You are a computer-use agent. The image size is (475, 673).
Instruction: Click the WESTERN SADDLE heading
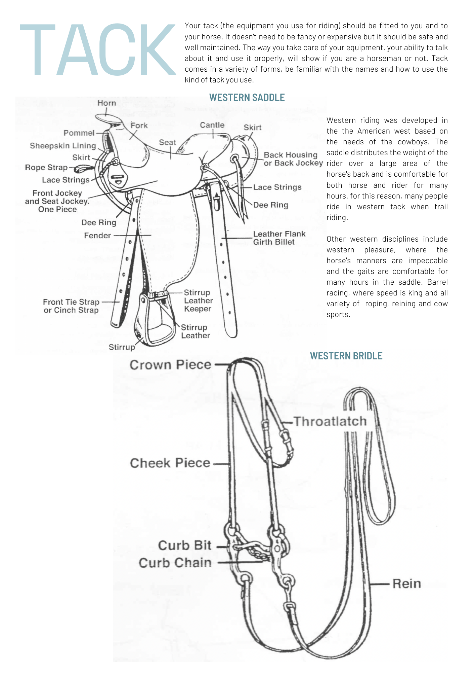pos(247,98)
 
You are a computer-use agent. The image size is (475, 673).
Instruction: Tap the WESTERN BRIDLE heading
pos(346,356)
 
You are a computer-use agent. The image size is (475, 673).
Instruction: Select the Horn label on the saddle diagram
pos(107,103)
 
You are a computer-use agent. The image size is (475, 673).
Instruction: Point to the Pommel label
pos(79,133)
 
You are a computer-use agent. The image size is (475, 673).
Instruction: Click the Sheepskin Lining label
pos(63,146)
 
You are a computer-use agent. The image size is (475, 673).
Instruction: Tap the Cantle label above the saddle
pos(212,125)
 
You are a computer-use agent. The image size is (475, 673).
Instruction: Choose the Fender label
pos(97,236)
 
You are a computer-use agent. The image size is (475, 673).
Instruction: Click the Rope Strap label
pos(46,168)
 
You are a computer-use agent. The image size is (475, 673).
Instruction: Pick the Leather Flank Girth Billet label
pos(279,238)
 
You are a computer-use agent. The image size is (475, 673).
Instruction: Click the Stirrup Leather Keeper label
pos(198,300)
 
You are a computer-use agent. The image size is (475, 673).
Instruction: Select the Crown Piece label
pos(170,365)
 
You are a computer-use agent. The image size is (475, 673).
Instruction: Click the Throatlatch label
pos(330,421)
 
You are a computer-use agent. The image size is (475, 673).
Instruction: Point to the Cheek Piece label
pos(170,463)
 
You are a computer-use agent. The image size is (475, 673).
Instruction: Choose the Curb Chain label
pos(175,563)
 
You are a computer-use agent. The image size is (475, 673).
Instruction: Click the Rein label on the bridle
pos(406,583)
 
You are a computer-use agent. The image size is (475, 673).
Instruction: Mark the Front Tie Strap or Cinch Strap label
pos(71,306)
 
